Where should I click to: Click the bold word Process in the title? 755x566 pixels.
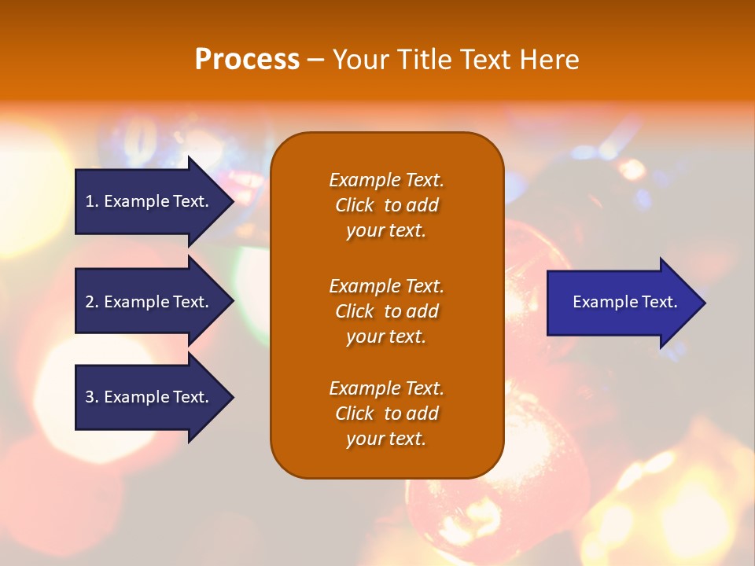pyautogui.click(x=247, y=60)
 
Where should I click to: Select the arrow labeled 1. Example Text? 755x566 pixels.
pyautogui.click(x=147, y=201)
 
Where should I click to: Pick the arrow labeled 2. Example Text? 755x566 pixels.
pyautogui.click(x=147, y=302)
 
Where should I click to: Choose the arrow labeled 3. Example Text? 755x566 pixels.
pyautogui.click(x=147, y=397)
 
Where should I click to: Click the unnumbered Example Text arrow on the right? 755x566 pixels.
pyautogui.click(x=624, y=303)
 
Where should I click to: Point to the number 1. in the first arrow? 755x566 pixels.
pyautogui.click(x=92, y=201)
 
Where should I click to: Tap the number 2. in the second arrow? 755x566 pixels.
pyautogui.click(x=92, y=302)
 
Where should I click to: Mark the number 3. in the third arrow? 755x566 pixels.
pyautogui.click(x=92, y=397)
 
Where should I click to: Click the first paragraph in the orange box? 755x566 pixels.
pyautogui.click(x=386, y=205)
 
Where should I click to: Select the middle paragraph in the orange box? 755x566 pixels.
pyautogui.click(x=386, y=311)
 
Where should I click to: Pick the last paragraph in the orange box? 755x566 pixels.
pyautogui.click(x=386, y=413)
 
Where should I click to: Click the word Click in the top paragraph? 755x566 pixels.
pyautogui.click(x=354, y=205)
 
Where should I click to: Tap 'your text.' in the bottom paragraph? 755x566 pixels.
pyautogui.click(x=386, y=439)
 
